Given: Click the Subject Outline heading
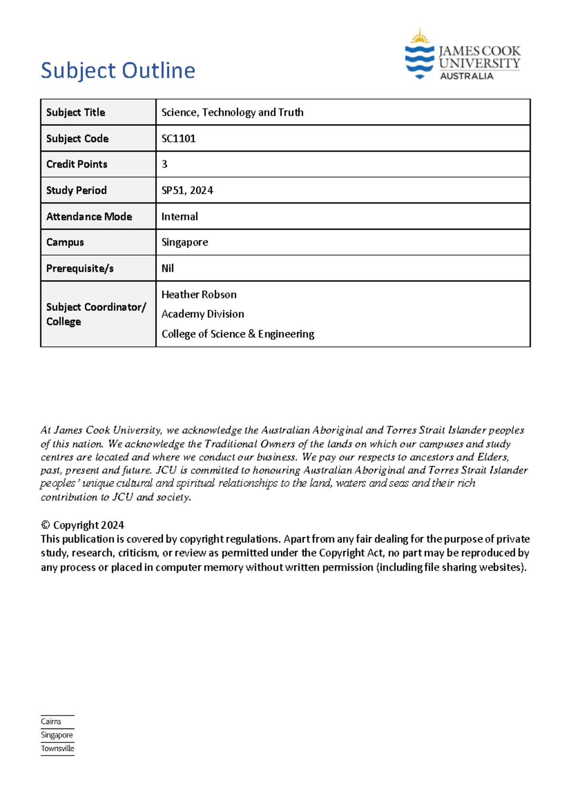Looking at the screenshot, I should tap(118, 70).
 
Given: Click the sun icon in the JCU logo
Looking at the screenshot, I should tap(420, 37).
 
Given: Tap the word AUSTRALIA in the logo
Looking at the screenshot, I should tap(466, 76).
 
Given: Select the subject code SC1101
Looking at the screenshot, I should tap(178, 138).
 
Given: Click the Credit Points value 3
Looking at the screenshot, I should tap(165, 164).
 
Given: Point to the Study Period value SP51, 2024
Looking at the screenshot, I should tap(187, 190).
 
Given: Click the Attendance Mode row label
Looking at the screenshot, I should tap(89, 217).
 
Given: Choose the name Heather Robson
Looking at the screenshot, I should tap(199, 295).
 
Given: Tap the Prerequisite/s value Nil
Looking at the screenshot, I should tap(167, 268).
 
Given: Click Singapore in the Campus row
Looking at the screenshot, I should tap(185, 242).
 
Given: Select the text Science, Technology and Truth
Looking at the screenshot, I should tap(232, 112).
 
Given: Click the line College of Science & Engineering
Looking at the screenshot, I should tap(237, 334).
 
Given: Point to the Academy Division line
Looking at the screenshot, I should tap(203, 314).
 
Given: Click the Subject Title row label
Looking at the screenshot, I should tap(76, 112).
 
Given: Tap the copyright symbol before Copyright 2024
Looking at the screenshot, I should tap(45, 525).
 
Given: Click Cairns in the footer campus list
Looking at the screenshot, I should tap(51, 721).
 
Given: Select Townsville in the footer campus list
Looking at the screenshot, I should tap(58, 748).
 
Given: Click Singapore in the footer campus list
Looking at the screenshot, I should tap(57, 735).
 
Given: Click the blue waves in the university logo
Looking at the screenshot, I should tap(419, 61).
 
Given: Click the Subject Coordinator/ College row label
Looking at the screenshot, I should tap(96, 314).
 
